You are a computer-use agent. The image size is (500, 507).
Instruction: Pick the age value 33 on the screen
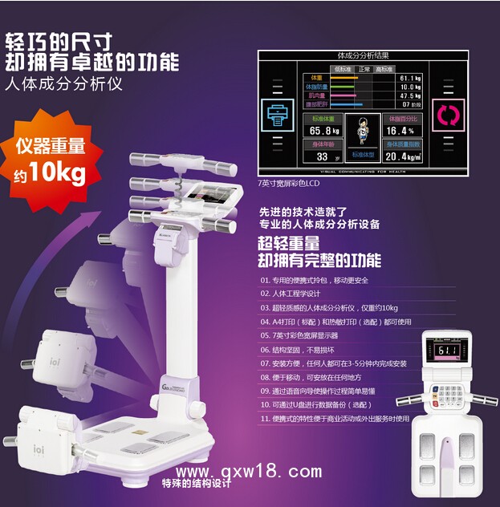click(x=323, y=156)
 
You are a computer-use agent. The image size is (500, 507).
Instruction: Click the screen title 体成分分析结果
click(x=364, y=55)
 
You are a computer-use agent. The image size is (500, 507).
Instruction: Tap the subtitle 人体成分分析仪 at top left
click(x=63, y=83)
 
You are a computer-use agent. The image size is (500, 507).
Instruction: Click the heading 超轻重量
click(x=288, y=243)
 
